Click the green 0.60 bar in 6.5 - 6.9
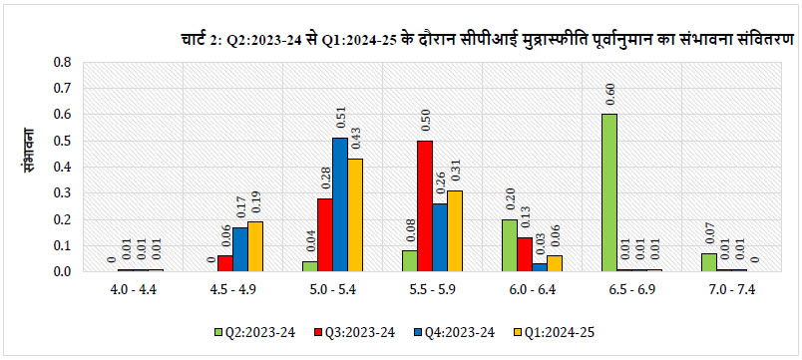click(608, 192)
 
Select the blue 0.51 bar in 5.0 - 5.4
click(340, 204)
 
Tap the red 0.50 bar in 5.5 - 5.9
click(425, 205)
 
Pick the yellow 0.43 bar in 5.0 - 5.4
click(355, 214)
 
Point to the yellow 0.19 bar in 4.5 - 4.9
click(255, 246)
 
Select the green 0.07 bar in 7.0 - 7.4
click(708, 262)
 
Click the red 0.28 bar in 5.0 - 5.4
click(324, 234)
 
